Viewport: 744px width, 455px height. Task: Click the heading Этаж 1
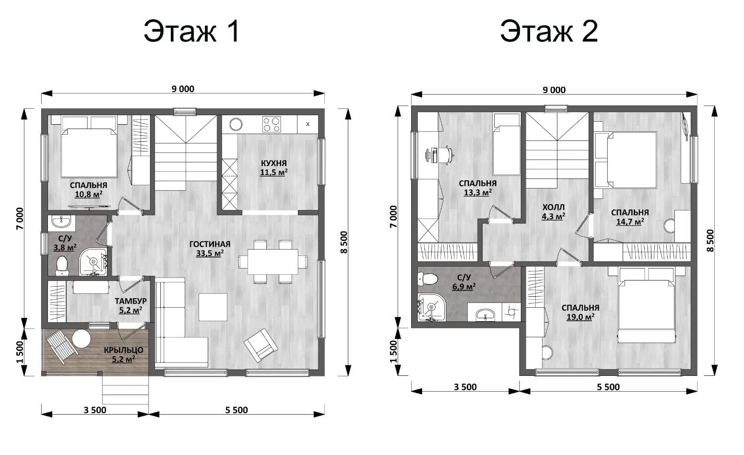click(x=192, y=31)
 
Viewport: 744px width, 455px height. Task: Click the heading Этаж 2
click(x=549, y=31)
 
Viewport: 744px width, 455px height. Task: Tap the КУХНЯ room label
click(x=274, y=163)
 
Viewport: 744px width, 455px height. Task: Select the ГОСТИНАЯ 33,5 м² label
click(x=210, y=248)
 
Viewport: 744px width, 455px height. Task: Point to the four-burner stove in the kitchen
click(x=272, y=125)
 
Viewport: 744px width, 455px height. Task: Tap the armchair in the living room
click(x=261, y=345)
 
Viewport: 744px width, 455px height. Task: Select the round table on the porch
click(x=82, y=338)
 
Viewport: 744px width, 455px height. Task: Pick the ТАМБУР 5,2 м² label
click(x=131, y=306)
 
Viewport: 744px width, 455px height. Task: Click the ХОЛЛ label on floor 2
click(x=554, y=208)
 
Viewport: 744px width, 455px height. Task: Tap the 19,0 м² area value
click(x=580, y=317)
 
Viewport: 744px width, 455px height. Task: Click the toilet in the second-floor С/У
click(x=428, y=279)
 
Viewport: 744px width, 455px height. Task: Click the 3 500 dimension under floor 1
click(x=95, y=410)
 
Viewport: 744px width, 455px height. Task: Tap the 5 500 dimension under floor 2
click(x=608, y=387)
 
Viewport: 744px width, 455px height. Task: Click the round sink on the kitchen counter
click(x=236, y=125)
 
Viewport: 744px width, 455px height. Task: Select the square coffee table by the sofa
click(x=213, y=307)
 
